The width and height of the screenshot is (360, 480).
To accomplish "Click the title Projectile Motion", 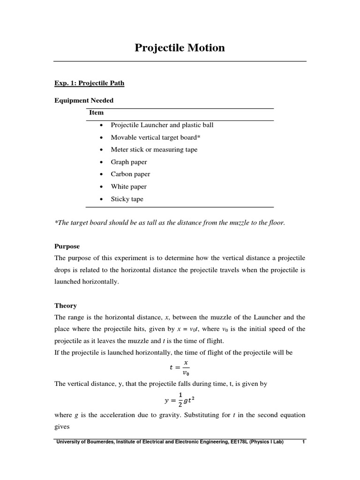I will [x=180, y=48].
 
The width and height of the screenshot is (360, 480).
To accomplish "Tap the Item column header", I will [x=97, y=112].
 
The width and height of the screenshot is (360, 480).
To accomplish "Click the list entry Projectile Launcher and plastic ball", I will [x=162, y=125].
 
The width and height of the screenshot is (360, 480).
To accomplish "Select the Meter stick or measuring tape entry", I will [x=154, y=150].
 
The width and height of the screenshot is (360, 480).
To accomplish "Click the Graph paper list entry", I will [x=129, y=162].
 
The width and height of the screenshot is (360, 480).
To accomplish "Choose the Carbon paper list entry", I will [x=131, y=174].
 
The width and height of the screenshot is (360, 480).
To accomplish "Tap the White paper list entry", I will [x=129, y=187].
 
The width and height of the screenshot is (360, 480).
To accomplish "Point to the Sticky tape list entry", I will [x=127, y=199].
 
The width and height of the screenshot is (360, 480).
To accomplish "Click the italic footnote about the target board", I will [x=170, y=222].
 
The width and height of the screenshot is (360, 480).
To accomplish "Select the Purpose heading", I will [x=67, y=246].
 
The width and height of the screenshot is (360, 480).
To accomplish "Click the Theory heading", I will [x=66, y=305].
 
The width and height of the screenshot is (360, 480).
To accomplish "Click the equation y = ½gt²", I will [x=180, y=400].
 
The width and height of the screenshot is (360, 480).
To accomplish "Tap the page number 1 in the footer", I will [x=304, y=442].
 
